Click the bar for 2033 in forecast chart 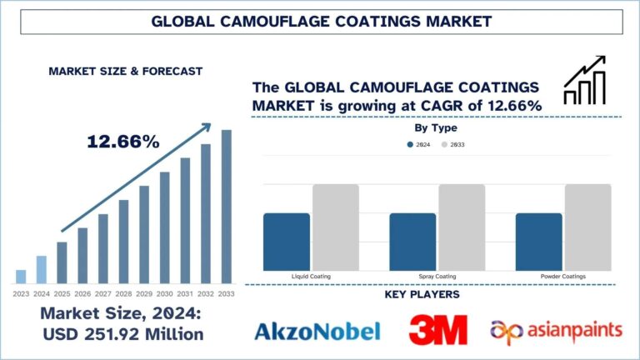pyautogui.click(x=226, y=207)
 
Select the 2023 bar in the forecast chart pyautogui.click(x=21, y=277)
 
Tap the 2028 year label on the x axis pyautogui.click(x=123, y=293)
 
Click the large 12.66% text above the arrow pyautogui.click(x=123, y=142)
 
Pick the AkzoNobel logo pyautogui.click(x=317, y=331)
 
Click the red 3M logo pyautogui.click(x=438, y=330)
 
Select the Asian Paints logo pyautogui.click(x=556, y=331)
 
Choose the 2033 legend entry pyautogui.click(x=452, y=144)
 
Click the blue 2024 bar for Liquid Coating pyautogui.click(x=286, y=241)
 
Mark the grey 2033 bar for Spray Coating pyautogui.click(x=461, y=227)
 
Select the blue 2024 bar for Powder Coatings pyautogui.click(x=538, y=241)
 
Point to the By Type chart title pyautogui.click(x=436, y=128)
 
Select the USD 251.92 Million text pyautogui.click(x=123, y=335)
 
